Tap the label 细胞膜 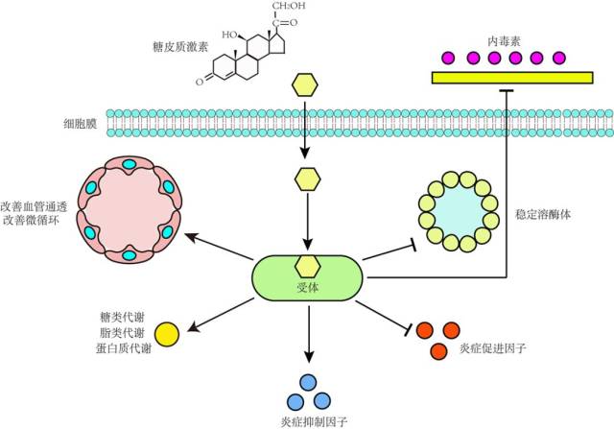point(76,124)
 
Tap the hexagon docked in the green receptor point(307,266)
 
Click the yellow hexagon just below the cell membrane point(307,179)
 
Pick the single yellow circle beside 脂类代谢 point(167,333)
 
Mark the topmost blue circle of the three point(307,381)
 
